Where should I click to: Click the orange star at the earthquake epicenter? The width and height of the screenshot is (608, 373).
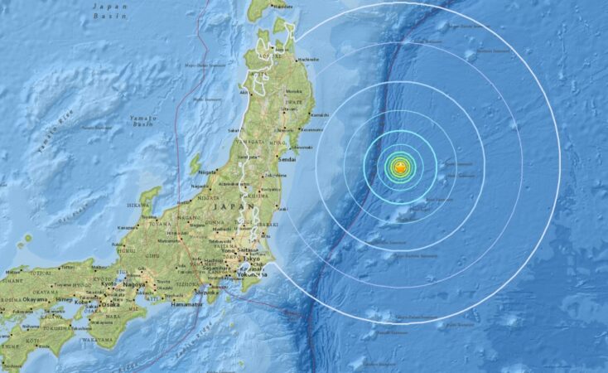[399, 167]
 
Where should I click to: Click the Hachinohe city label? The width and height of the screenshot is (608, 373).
[307, 59]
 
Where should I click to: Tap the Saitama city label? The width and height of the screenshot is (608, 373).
[246, 248]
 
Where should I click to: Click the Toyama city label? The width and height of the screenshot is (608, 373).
[149, 221]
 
